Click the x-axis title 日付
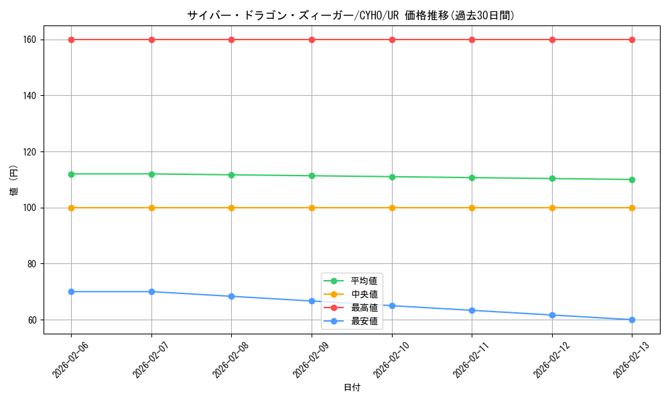[352, 388]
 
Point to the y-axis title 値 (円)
[14, 180]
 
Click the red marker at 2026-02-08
[231, 40]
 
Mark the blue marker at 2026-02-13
[632, 320]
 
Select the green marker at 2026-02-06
[71, 174]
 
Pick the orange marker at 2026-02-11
[472, 208]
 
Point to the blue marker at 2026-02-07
[151, 291]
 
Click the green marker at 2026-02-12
[552, 178]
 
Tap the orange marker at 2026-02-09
[312, 208]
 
